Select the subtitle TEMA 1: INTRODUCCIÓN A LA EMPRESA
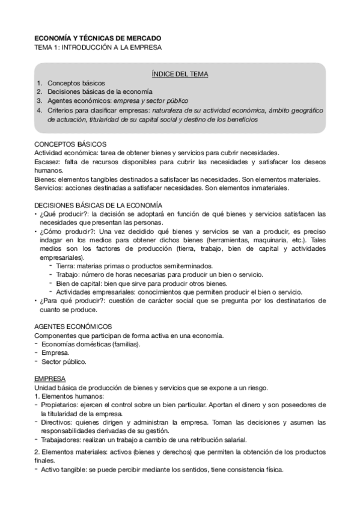click(x=98, y=47)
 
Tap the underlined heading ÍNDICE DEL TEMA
click(x=180, y=74)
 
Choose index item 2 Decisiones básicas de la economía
click(x=100, y=92)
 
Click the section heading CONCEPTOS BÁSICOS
click(x=70, y=144)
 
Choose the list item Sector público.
click(x=64, y=362)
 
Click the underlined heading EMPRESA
click(x=50, y=379)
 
